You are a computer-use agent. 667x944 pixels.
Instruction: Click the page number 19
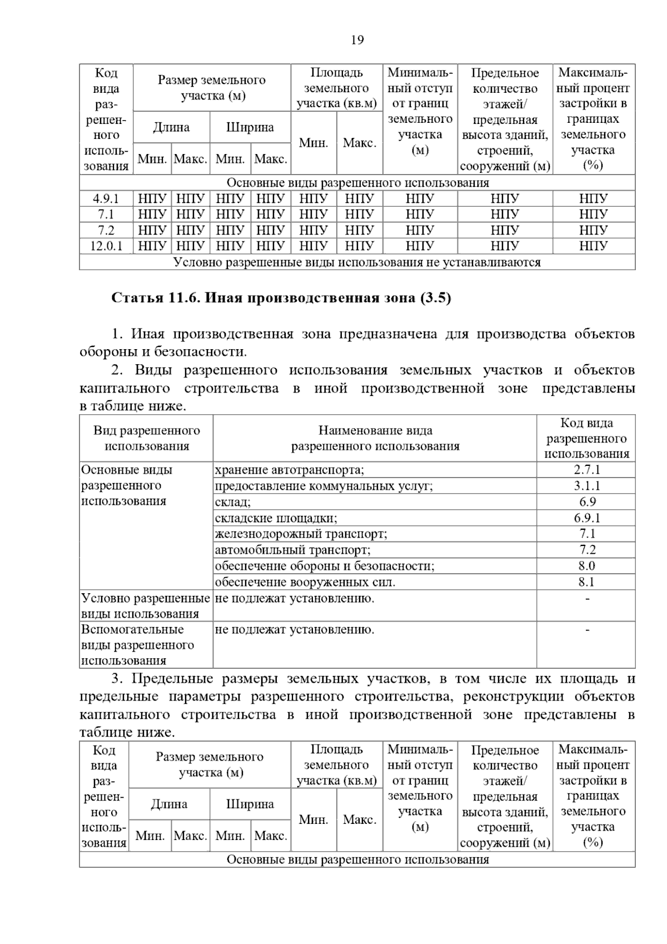[x=357, y=40]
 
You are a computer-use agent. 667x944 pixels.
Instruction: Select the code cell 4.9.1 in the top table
[x=106, y=198]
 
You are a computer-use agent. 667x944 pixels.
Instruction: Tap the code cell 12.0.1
[x=106, y=246]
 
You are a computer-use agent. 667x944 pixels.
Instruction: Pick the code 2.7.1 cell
[x=586, y=470]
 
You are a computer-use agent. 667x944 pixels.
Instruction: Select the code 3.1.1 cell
[x=586, y=486]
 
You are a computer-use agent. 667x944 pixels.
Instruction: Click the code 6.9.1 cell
[x=586, y=518]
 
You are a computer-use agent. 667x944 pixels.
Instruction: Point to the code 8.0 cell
[x=586, y=566]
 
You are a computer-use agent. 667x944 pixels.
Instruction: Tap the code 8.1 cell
[x=586, y=582]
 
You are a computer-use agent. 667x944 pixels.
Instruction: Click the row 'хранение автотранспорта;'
[x=290, y=470]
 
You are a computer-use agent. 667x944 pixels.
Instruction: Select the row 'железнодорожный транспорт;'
[x=301, y=534]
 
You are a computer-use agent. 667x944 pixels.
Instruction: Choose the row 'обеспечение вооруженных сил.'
[x=305, y=582]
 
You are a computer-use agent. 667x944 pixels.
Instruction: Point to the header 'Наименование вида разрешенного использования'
[x=375, y=438]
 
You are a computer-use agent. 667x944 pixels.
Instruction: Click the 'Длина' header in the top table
[x=171, y=127]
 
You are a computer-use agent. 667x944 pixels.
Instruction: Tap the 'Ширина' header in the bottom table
[x=250, y=804]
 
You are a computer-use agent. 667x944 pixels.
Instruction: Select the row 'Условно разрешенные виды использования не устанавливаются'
[x=357, y=262]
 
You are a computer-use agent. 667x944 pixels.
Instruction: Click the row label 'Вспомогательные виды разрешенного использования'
[x=138, y=645]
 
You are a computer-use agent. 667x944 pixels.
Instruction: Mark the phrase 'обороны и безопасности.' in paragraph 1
[x=163, y=352]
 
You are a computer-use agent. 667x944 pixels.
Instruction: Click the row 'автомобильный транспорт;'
[x=292, y=550]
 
